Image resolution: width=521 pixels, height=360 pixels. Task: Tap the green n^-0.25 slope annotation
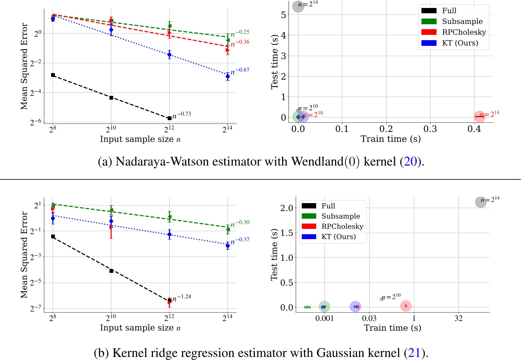coord(240,33)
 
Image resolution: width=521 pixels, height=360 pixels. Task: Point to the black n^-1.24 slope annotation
coord(182,298)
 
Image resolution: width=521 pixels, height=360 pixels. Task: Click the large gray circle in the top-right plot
coord(298,6)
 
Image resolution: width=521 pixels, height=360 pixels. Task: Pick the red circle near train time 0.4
coord(479,117)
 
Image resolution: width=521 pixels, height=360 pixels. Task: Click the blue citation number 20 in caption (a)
coord(410,162)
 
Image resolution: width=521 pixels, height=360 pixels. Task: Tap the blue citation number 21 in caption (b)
coord(415,353)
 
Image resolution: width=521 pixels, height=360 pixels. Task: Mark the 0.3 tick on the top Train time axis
coord(430,129)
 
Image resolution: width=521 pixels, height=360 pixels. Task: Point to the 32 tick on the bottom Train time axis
coord(459,318)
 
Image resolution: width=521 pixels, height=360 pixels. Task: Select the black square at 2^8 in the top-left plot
coord(53,75)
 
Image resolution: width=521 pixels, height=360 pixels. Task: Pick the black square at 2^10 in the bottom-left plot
coord(111,271)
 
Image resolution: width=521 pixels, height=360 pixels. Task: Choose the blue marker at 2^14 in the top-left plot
coord(228,77)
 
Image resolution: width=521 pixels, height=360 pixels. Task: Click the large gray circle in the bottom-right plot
coord(480,202)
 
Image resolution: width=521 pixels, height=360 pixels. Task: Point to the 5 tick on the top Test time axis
coord(284,15)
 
